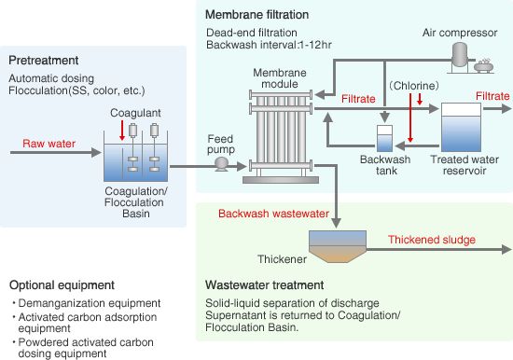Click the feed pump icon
[x=222, y=163]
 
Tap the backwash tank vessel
[x=384, y=138]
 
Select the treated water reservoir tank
[x=461, y=128]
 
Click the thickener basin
[x=338, y=246]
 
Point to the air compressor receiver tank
[x=460, y=55]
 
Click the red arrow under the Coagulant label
[x=122, y=131]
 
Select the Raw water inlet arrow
[x=56, y=153]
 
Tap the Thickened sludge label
[x=432, y=240]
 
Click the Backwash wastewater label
[x=273, y=214]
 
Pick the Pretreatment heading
[x=44, y=61]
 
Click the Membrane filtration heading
[x=256, y=15]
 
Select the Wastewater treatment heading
[x=264, y=285]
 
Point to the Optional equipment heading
[x=62, y=285]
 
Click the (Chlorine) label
[x=414, y=86]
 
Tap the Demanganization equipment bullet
[x=87, y=303]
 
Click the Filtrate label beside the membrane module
[x=358, y=99]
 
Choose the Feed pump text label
[x=221, y=145]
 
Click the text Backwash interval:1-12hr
[x=269, y=45]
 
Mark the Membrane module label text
[x=280, y=78]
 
